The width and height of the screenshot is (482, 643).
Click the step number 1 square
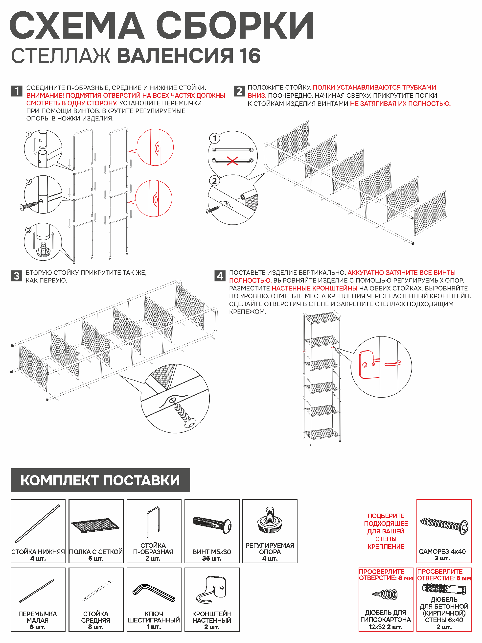[x=17, y=91]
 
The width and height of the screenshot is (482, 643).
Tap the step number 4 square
[x=220, y=276]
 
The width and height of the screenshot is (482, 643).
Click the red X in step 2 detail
[x=232, y=161]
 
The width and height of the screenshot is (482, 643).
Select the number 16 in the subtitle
[x=250, y=56]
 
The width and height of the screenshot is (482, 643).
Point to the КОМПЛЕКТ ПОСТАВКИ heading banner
[x=100, y=480]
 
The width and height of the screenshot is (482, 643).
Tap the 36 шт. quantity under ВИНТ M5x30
[x=212, y=558]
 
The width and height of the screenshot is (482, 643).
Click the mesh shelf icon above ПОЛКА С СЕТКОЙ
[x=96, y=525]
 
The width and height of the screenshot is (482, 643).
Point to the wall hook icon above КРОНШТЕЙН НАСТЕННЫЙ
[x=212, y=590]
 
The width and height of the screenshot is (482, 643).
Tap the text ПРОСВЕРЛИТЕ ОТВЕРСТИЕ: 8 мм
[x=386, y=575]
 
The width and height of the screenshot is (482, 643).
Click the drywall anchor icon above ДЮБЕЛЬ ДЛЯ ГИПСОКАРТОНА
[x=385, y=594]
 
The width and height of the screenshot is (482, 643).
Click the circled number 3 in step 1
[x=28, y=230]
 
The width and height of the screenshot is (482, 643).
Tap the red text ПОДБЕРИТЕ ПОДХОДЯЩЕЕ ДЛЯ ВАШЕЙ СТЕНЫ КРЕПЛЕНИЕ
[x=386, y=531]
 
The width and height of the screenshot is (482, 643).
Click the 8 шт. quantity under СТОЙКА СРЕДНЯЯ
[x=96, y=627]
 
